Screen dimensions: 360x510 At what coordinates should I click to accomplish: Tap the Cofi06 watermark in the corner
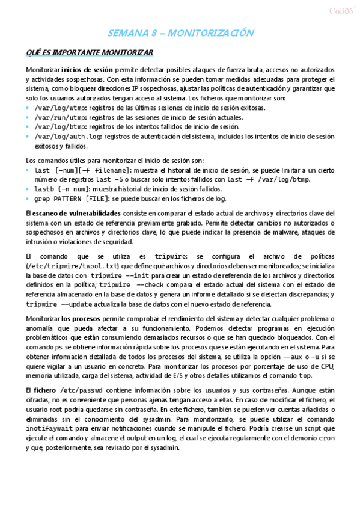339,10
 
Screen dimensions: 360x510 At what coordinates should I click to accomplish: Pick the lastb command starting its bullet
44,189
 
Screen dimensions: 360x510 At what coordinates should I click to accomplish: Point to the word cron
326,438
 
